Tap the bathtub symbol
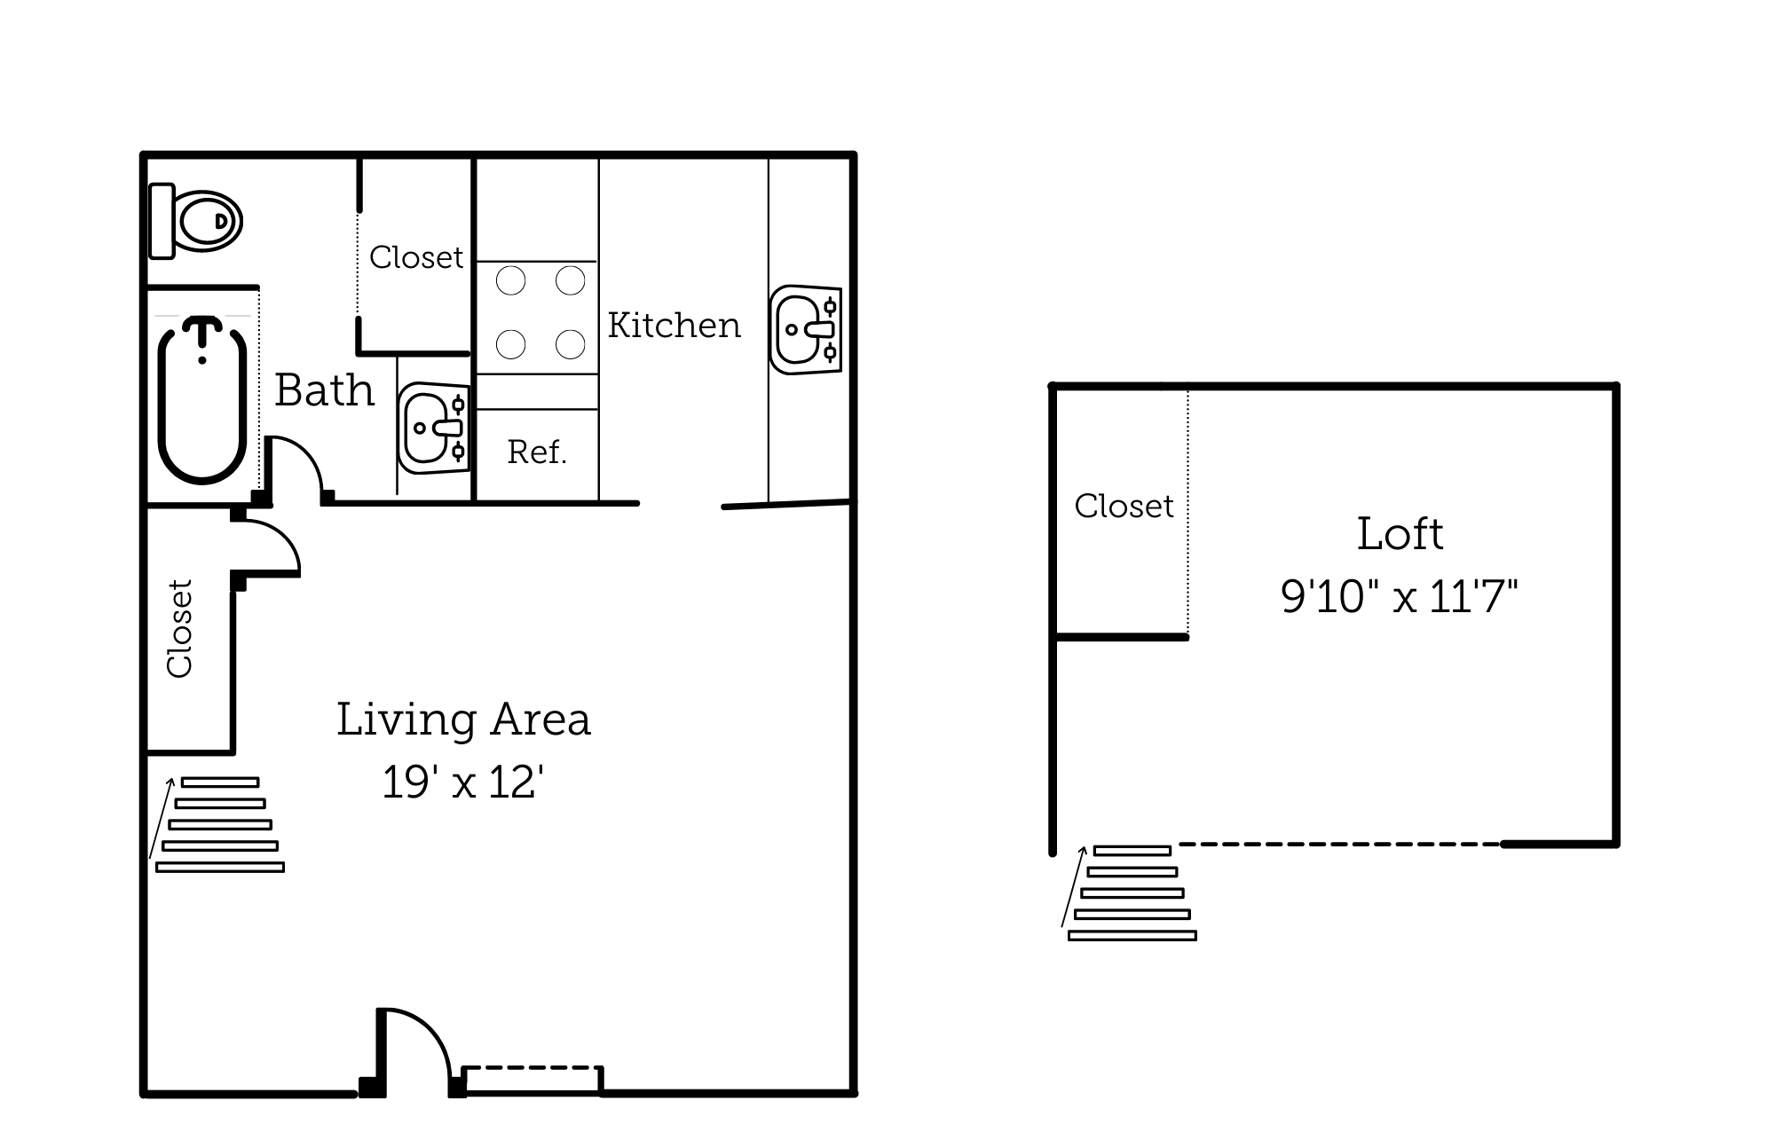click(x=202, y=404)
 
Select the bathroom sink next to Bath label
click(x=433, y=429)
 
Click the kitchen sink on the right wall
click(x=805, y=329)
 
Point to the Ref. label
click(x=537, y=452)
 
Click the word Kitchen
click(x=674, y=326)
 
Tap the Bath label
click(x=324, y=390)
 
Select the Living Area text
click(x=463, y=719)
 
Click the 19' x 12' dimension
click(x=462, y=782)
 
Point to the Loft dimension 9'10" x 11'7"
click(x=1399, y=596)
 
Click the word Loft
click(x=1400, y=534)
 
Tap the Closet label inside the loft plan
click(x=1124, y=507)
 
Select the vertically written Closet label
click(x=180, y=628)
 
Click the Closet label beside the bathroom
click(x=415, y=257)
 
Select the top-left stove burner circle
click(x=510, y=281)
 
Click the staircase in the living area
click(x=219, y=825)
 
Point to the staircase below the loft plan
click(x=1132, y=892)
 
